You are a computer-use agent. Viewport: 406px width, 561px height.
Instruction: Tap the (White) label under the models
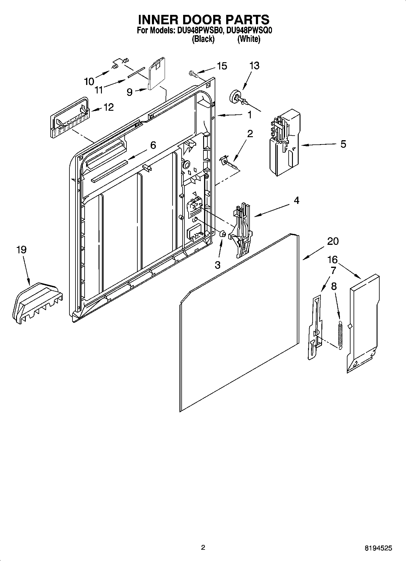click(249, 39)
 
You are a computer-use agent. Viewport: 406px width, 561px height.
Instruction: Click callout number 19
click(21, 250)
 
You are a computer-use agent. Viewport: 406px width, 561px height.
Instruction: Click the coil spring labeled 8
click(340, 334)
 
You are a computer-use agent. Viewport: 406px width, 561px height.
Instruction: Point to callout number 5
click(343, 144)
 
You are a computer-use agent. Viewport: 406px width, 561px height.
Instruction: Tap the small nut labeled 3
click(222, 234)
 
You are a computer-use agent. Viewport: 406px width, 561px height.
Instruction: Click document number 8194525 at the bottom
click(378, 548)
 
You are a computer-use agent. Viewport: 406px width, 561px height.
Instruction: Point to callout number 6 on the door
click(153, 145)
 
